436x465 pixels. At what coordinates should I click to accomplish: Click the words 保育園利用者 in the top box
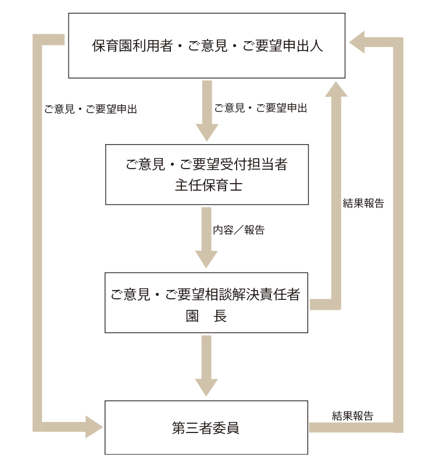[x=133, y=46]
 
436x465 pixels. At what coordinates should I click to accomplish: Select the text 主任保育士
[x=207, y=186]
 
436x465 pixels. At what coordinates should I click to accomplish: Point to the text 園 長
[x=207, y=316]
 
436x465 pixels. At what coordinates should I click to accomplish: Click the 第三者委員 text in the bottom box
[x=206, y=428]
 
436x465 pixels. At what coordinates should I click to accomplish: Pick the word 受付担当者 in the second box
[x=253, y=164]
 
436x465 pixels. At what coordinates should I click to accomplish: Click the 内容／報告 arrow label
[x=238, y=230]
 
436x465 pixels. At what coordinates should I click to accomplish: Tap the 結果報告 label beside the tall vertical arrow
[x=363, y=203]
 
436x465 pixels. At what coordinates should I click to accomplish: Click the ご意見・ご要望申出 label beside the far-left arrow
[x=91, y=109]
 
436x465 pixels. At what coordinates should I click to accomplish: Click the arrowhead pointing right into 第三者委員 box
[x=94, y=427]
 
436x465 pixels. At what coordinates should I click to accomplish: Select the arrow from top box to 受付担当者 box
[x=206, y=110]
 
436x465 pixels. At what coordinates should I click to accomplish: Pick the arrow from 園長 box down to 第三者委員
[x=206, y=366]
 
